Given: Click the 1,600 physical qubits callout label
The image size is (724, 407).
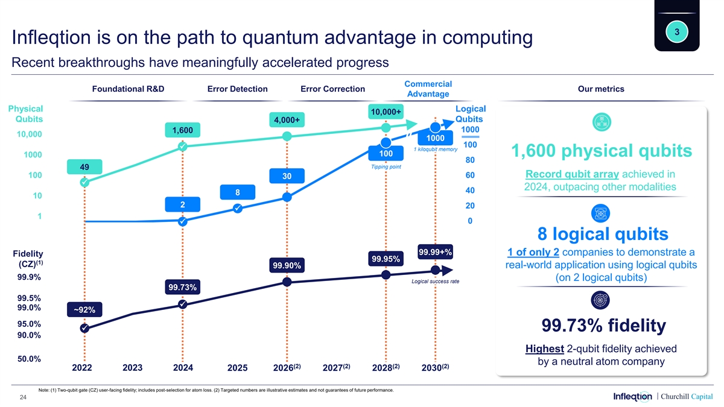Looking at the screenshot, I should [182, 130].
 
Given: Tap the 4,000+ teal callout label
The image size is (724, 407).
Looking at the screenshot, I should [287, 121].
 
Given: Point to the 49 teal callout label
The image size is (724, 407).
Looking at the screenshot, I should [85, 166].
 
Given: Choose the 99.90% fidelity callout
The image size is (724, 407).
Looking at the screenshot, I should [287, 266].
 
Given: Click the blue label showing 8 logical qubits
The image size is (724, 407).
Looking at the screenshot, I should [238, 192].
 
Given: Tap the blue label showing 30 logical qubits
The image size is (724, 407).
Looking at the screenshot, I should [287, 175].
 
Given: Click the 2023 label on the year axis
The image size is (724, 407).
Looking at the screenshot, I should [132, 367].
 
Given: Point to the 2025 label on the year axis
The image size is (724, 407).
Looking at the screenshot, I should [238, 368].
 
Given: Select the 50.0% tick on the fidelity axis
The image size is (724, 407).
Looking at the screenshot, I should [29, 359].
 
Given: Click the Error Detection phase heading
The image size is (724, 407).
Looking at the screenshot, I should [237, 89].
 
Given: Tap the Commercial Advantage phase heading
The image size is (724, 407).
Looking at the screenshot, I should [428, 89].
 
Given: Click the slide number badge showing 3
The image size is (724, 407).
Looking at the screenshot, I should [677, 31].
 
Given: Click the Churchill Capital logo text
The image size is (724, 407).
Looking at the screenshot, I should [686, 396].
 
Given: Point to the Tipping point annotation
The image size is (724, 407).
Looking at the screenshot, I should [386, 167].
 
